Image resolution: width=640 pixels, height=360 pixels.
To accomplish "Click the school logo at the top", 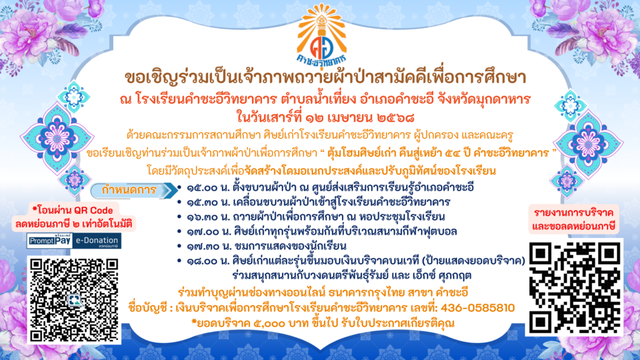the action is tap(322, 35).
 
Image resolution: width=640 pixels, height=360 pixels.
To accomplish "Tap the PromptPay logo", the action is tap(50, 241).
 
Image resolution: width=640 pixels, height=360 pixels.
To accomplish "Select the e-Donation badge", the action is tap(97, 241).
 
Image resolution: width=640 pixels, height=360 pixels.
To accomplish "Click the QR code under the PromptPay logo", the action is tap(74, 299).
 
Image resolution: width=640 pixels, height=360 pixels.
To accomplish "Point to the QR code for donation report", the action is tap(575, 287).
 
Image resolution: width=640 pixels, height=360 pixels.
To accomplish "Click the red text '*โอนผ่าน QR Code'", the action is tap(72, 211).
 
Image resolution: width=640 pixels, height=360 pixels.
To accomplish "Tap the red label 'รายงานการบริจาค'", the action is tap(573, 212).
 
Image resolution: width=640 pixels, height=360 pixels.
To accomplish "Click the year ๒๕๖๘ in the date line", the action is tap(396, 118).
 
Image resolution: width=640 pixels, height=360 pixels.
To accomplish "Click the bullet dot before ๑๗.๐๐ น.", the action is tap(179, 231).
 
